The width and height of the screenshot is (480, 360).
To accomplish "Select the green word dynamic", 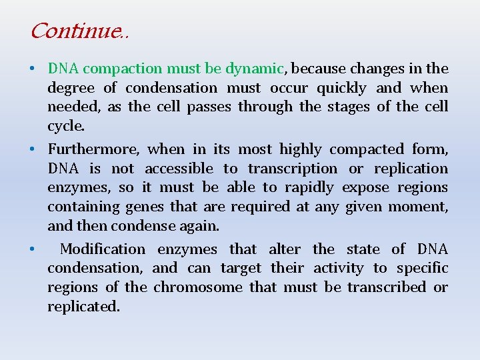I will pyautogui.click(x=255, y=69).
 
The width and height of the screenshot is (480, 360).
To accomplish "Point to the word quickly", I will pyautogui.click(x=341, y=88).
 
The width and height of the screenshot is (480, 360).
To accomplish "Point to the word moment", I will pyautogui.click(x=421, y=207).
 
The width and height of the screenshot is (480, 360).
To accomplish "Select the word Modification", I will pyautogui.click(x=103, y=249).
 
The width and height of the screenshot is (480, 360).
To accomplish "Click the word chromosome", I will pyautogui.click(x=198, y=287).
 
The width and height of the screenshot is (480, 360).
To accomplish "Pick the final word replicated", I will pyautogui.click(x=82, y=307).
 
